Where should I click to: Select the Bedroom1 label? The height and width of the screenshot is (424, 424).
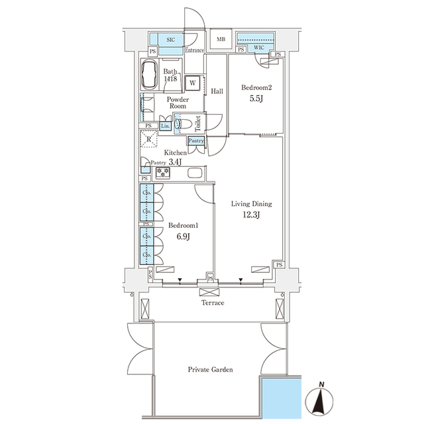coord(183,225)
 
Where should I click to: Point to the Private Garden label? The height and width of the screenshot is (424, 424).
coord(209,370)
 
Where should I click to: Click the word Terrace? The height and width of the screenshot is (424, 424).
coord(213,303)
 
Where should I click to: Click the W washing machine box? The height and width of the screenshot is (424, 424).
coord(192,83)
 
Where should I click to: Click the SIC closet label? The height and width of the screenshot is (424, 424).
coord(170,40)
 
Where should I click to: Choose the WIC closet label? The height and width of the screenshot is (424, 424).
coord(258,48)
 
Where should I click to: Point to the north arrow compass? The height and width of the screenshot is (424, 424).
coord(321,397)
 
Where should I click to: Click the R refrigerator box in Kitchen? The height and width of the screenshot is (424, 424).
coord(150,138)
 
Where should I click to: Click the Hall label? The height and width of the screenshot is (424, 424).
coord(217,91)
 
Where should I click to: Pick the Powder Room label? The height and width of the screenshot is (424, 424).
coord(177,103)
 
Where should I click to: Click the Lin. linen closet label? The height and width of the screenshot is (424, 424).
coord(166,125)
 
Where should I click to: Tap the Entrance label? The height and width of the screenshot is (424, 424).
coord(194,50)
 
